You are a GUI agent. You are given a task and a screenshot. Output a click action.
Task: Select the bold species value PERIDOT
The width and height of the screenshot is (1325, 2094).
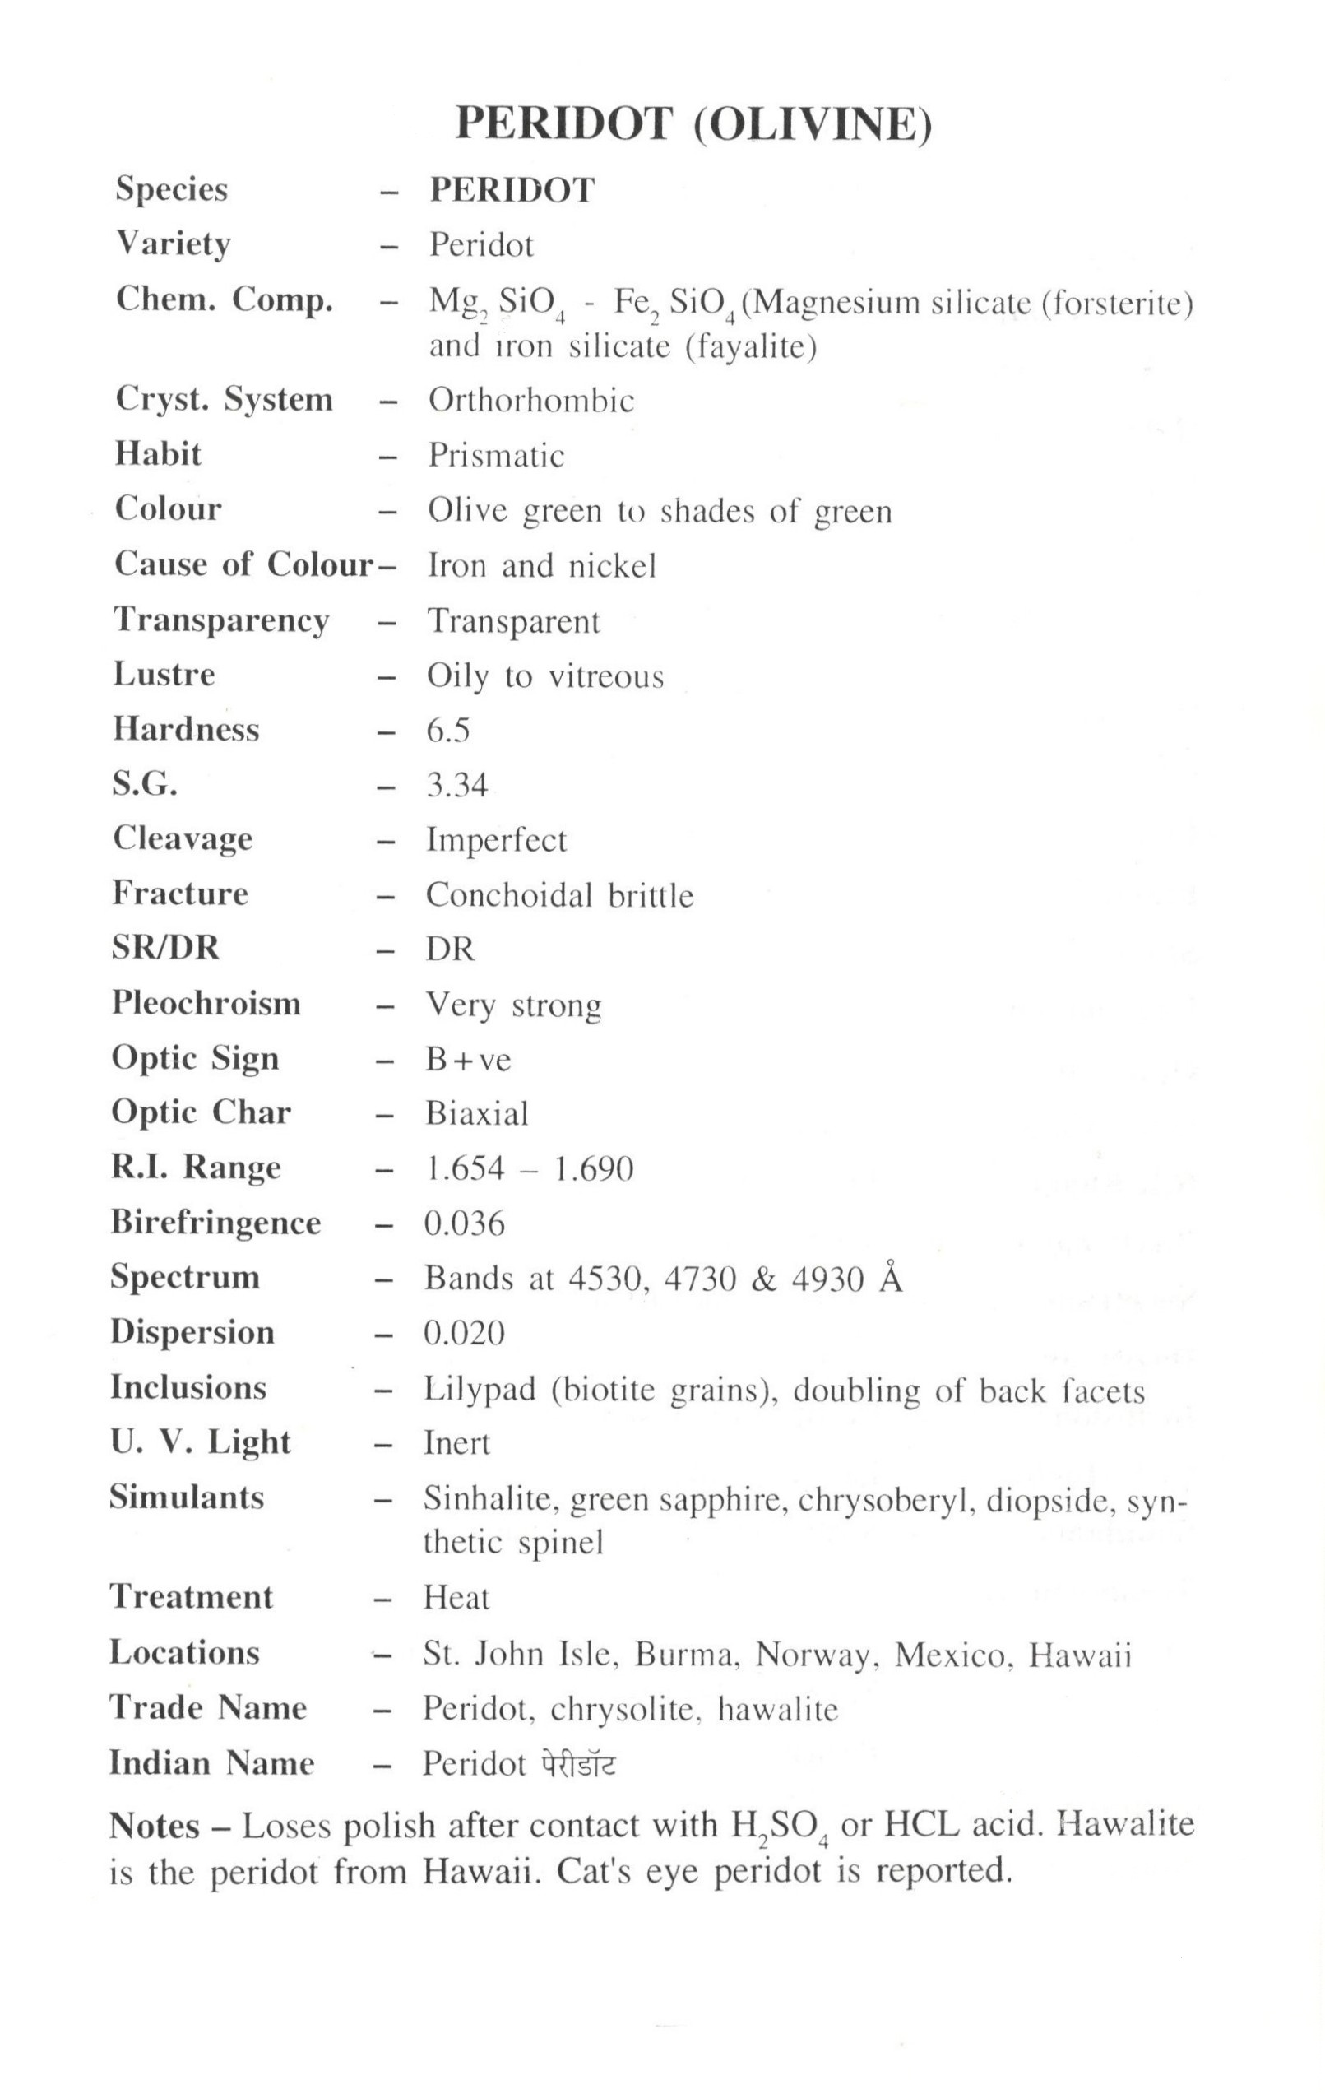pyautogui.click(x=512, y=190)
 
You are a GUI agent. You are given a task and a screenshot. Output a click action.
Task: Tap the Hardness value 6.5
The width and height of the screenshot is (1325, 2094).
pyautogui.click(x=447, y=731)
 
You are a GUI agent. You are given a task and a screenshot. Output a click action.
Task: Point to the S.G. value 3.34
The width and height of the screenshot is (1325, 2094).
pyautogui.click(x=456, y=785)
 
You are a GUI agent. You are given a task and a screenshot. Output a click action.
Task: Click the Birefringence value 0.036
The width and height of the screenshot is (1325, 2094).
pyautogui.click(x=464, y=1223)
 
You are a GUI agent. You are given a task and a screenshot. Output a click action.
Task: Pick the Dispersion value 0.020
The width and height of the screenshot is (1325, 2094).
pyautogui.click(x=464, y=1333)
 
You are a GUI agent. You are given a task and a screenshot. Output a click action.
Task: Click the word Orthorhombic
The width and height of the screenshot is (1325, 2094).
pyautogui.click(x=531, y=401)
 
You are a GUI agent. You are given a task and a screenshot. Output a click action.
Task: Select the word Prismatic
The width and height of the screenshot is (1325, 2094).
pyautogui.click(x=496, y=456)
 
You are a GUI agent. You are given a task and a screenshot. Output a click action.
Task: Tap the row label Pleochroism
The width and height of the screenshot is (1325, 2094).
pyautogui.click(x=206, y=1004)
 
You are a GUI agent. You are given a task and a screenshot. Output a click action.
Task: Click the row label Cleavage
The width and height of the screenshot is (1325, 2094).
pyautogui.click(x=183, y=839)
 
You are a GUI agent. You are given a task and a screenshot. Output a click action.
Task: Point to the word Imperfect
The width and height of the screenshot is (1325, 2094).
pyautogui.click(x=496, y=841)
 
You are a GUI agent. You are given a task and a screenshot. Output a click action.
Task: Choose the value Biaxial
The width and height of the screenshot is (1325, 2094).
pyautogui.click(x=476, y=1114)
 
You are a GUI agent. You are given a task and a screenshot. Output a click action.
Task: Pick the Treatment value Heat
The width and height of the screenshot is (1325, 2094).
pyautogui.click(x=456, y=1599)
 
